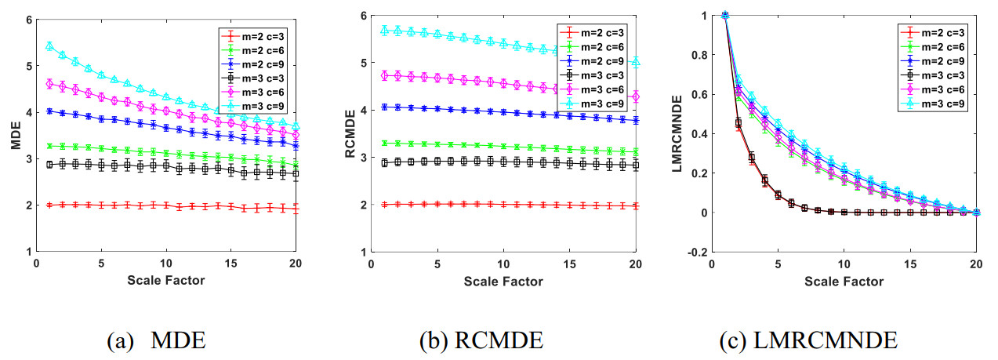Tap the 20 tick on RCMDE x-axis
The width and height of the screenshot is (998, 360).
pos(636,264)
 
